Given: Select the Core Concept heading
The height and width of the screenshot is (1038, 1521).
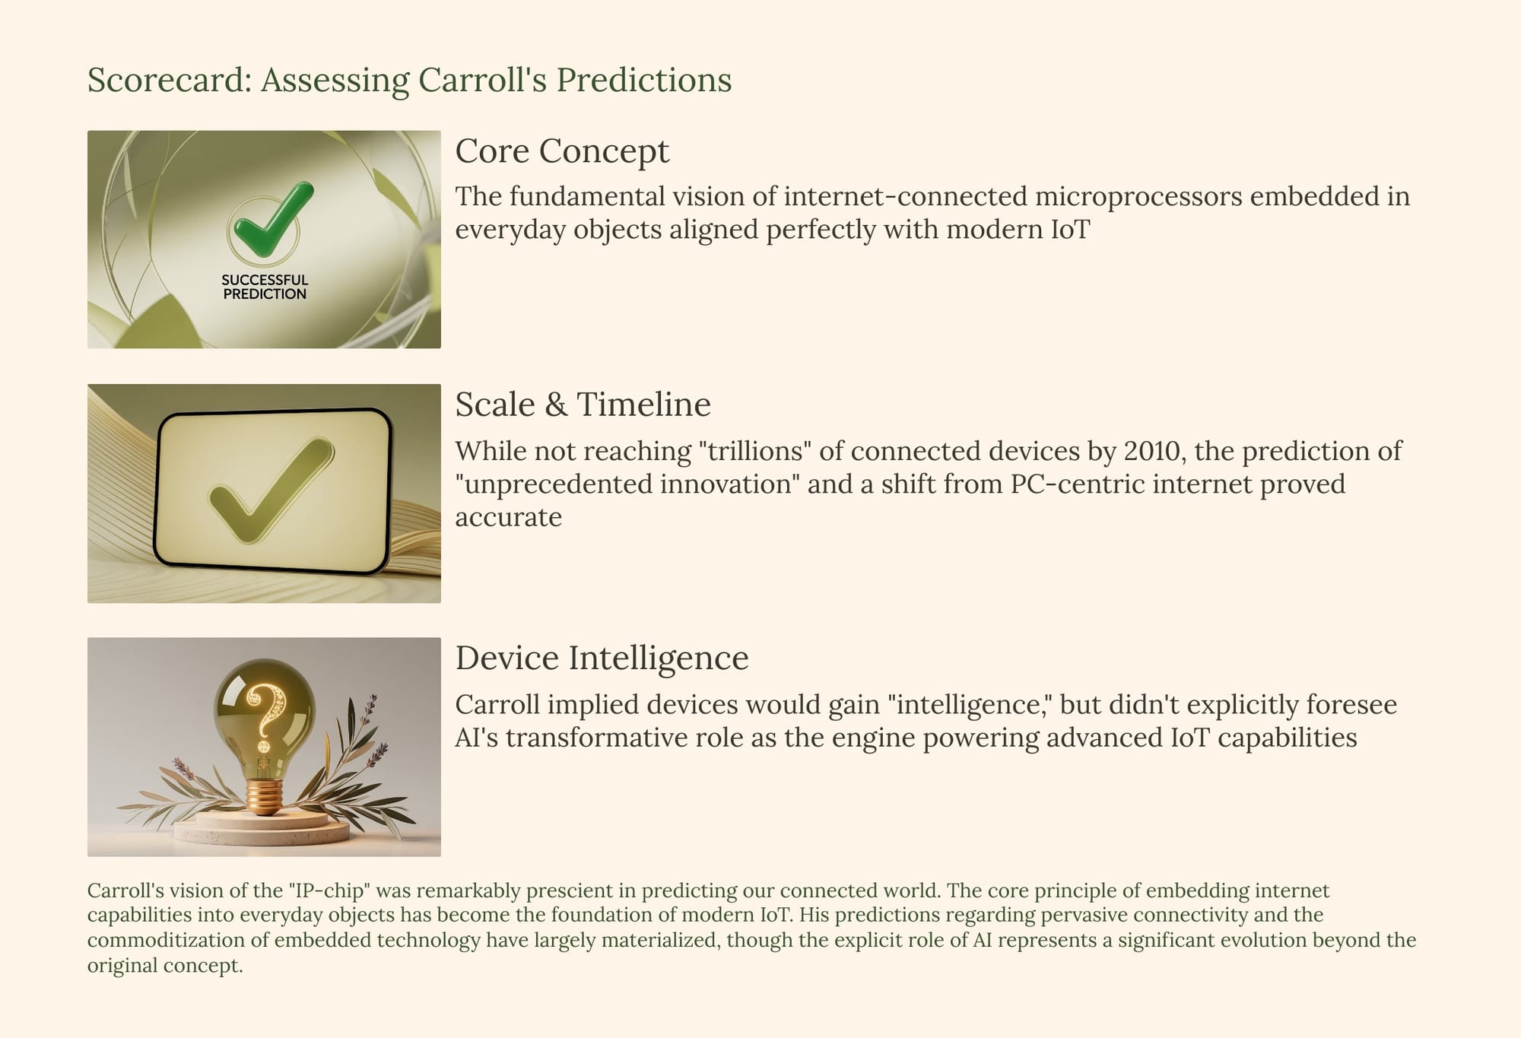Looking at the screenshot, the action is [562, 151].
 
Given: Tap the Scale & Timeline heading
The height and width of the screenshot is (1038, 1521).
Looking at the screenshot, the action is [583, 405].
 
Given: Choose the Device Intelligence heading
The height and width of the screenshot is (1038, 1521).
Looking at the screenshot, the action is [602, 659].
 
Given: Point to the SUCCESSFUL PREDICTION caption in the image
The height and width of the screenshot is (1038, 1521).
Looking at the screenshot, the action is [265, 287].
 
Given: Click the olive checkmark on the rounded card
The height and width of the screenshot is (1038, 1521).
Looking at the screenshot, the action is [270, 490].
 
